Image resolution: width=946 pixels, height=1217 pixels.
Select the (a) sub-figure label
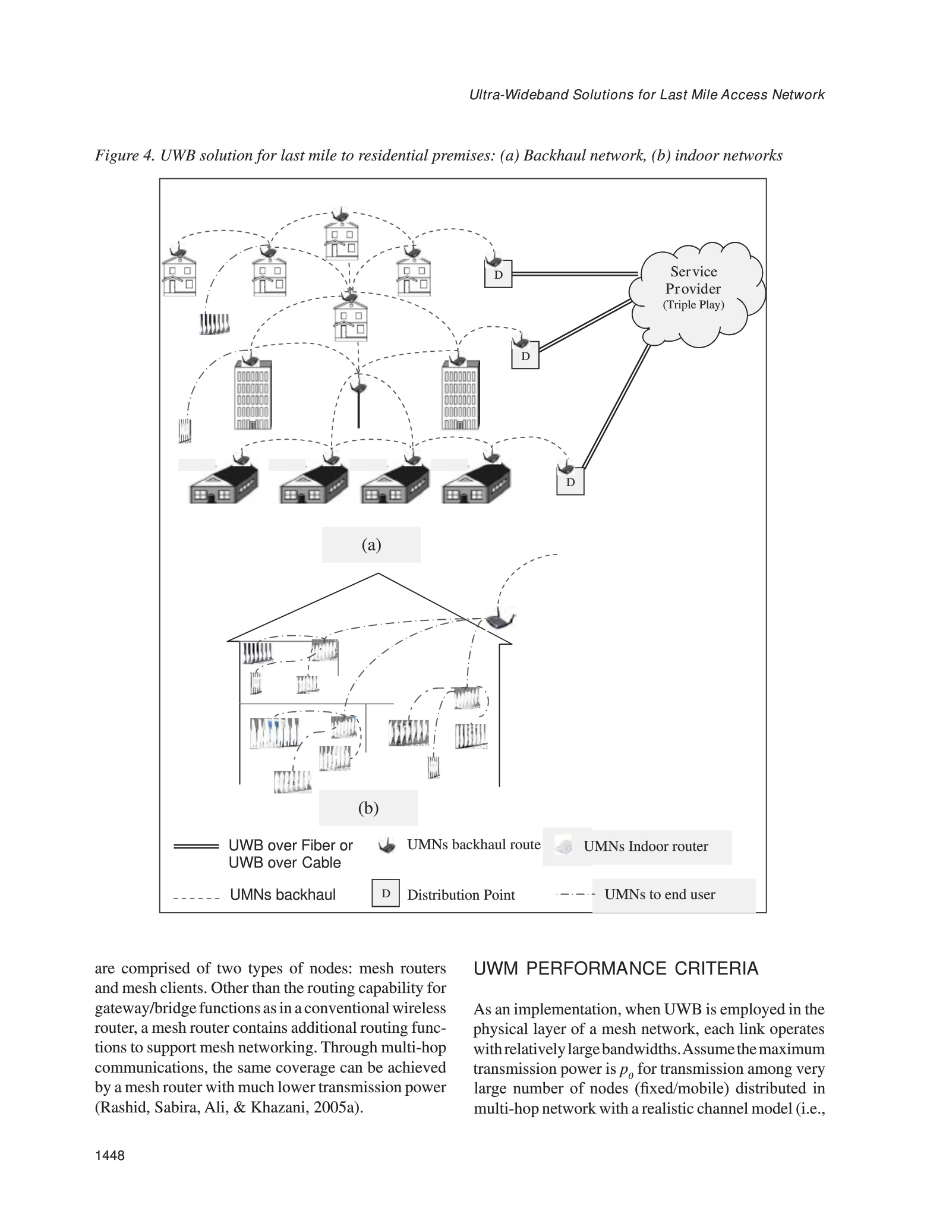371,545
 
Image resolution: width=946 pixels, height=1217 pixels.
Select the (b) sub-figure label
368,808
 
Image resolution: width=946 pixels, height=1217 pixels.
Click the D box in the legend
386,893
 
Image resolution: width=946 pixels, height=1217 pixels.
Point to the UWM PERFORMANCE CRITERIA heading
616,969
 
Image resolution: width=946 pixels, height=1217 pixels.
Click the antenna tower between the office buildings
358,404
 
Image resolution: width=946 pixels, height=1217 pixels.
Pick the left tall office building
253,395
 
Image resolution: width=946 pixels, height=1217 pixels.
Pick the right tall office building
459,395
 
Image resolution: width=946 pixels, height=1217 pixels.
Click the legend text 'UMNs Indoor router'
645,846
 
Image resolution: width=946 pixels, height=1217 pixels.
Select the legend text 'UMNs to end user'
660,894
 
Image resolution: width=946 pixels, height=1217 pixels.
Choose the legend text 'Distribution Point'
461,895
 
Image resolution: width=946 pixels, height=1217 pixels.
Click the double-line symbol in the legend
196,846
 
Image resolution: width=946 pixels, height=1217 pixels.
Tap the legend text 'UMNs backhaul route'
474,844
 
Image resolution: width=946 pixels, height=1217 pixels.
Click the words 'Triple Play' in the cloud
693,305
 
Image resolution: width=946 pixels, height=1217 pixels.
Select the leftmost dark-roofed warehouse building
223,484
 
